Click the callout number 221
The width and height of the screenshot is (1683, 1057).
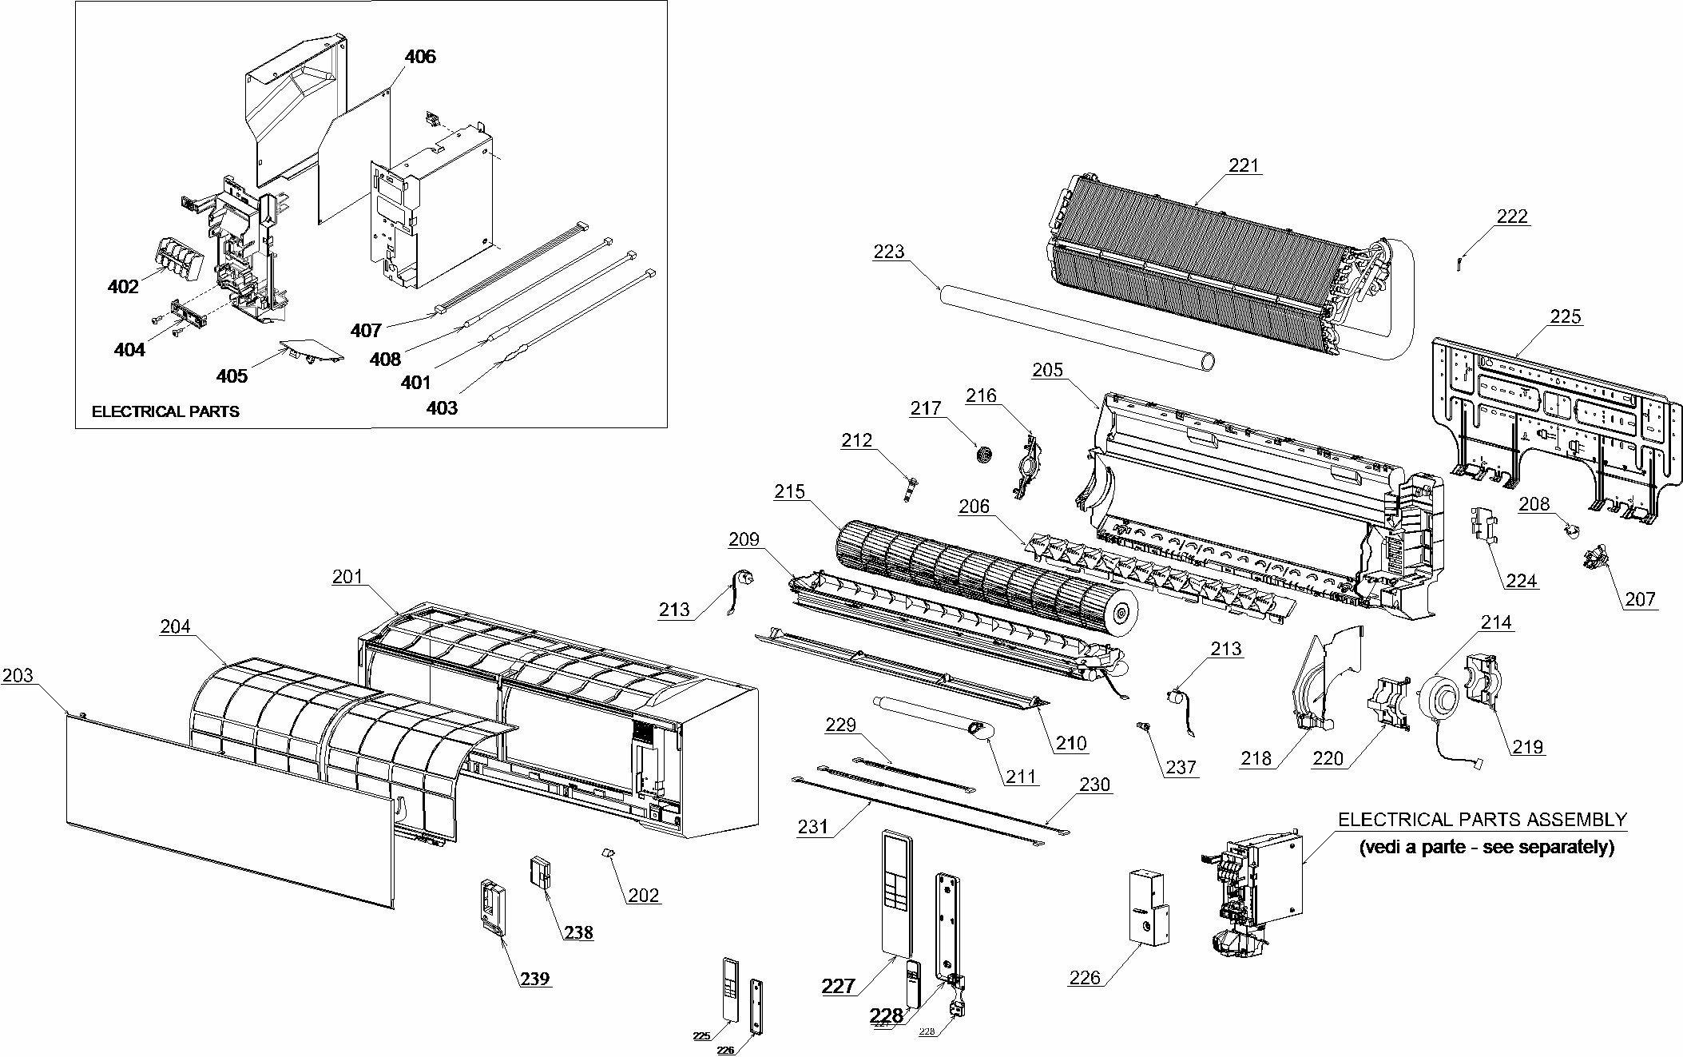pyautogui.click(x=1243, y=165)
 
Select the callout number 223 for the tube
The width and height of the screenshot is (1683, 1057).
pyautogui.click(x=888, y=252)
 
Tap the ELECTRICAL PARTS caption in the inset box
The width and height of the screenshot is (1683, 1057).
pyautogui.click(x=165, y=411)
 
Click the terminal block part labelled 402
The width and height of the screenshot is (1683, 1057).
pyautogui.click(x=174, y=254)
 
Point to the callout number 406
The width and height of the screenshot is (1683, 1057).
pyautogui.click(x=420, y=57)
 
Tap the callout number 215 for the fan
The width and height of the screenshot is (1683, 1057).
pyautogui.click(x=789, y=491)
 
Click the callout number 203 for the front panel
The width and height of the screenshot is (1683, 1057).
pyautogui.click(x=18, y=676)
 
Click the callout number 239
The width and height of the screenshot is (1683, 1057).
pyautogui.click(x=535, y=979)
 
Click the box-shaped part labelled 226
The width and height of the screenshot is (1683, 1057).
pyautogui.click(x=1147, y=919)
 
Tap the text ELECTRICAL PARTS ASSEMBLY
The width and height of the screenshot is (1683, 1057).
pyautogui.click(x=1482, y=819)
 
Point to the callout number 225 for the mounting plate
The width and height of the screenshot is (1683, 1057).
pyautogui.click(x=1565, y=316)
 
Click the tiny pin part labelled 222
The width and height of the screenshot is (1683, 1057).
pyautogui.click(x=1459, y=261)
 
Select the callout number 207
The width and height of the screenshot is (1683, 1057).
pyautogui.click(x=1640, y=598)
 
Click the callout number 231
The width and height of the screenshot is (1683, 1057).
pyautogui.click(x=812, y=826)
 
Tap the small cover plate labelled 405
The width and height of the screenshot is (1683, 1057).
pyautogui.click(x=312, y=352)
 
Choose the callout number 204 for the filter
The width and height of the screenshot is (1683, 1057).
pyautogui.click(x=175, y=626)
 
